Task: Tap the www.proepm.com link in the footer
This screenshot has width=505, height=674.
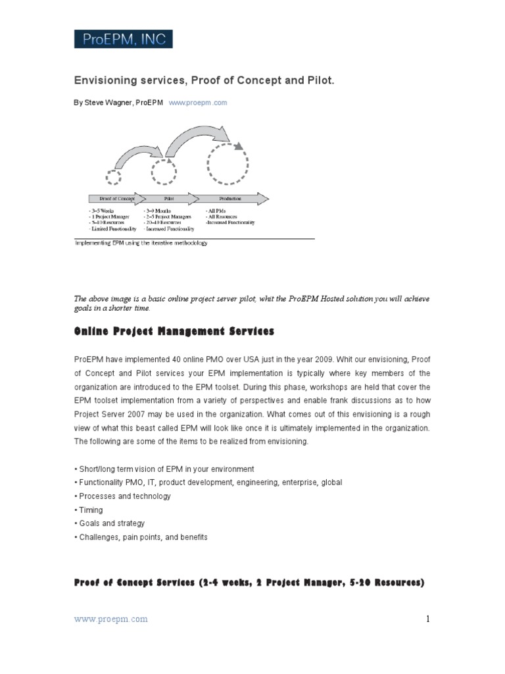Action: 110,619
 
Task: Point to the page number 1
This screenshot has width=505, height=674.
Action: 427,619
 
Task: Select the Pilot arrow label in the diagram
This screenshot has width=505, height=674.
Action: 168,198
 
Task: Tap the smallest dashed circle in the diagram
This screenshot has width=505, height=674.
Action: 114,176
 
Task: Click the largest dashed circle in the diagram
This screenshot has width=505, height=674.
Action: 228,165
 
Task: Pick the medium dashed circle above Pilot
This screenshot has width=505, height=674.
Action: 164,172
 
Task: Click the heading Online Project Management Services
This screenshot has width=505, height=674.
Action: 174,331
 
